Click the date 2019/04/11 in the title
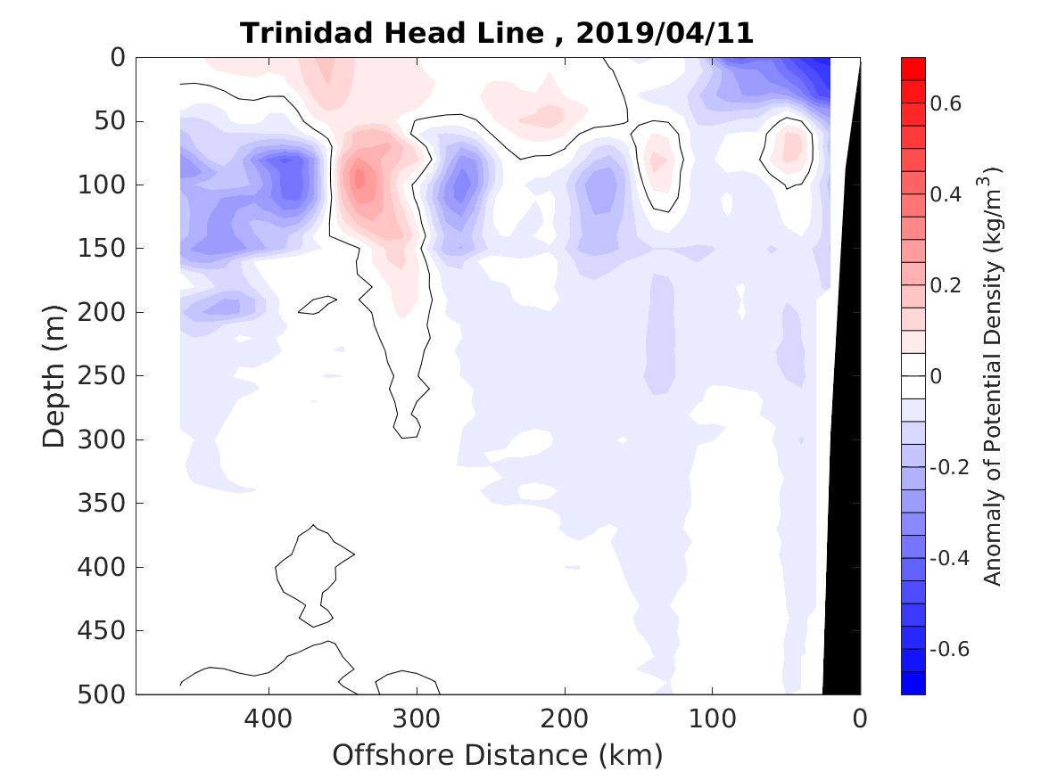pos(665,33)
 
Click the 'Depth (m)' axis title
pos(54,375)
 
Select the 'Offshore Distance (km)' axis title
pos(498,755)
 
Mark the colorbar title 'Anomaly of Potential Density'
pos(993,375)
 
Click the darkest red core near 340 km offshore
pos(359,178)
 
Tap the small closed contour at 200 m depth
pos(318,305)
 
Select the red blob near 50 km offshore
pos(789,147)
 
